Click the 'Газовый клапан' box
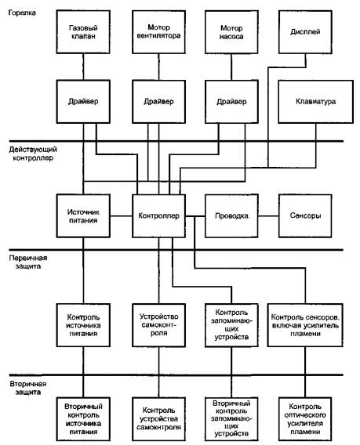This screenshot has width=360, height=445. pyautogui.click(x=83, y=32)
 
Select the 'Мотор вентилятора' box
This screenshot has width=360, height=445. pyautogui.click(x=159, y=32)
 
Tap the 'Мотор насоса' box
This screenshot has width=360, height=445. pyautogui.click(x=231, y=32)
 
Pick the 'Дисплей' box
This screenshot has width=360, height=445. pyautogui.click(x=305, y=32)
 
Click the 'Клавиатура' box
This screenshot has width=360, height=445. pyautogui.click(x=315, y=102)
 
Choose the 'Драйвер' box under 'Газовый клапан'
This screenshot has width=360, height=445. pyautogui.click(x=83, y=102)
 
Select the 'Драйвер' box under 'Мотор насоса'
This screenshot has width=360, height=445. pyautogui.click(x=231, y=102)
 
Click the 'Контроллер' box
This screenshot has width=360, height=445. pyautogui.click(x=159, y=216)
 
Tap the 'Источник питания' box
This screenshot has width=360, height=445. pyautogui.click(x=83, y=216)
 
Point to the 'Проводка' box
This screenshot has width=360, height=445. pyautogui.click(x=231, y=216)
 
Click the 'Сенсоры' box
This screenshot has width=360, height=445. pyautogui.click(x=305, y=216)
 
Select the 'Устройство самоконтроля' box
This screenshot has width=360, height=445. pyautogui.click(x=159, y=325)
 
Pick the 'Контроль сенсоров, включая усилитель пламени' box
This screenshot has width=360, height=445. pyautogui.click(x=305, y=325)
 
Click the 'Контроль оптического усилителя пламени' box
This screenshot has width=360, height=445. pyautogui.click(x=305, y=419)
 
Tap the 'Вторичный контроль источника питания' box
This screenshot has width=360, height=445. pyautogui.click(x=83, y=419)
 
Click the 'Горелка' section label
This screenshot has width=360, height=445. pyautogui.click(x=22, y=13)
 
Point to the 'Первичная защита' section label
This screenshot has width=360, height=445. pyautogui.click(x=28, y=262)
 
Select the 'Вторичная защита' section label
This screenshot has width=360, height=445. pyautogui.click(x=28, y=388)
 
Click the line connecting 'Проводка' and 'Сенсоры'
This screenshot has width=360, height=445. pyautogui.click(x=268, y=216)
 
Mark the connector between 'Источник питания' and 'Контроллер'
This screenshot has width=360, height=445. pyautogui.click(x=121, y=216)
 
